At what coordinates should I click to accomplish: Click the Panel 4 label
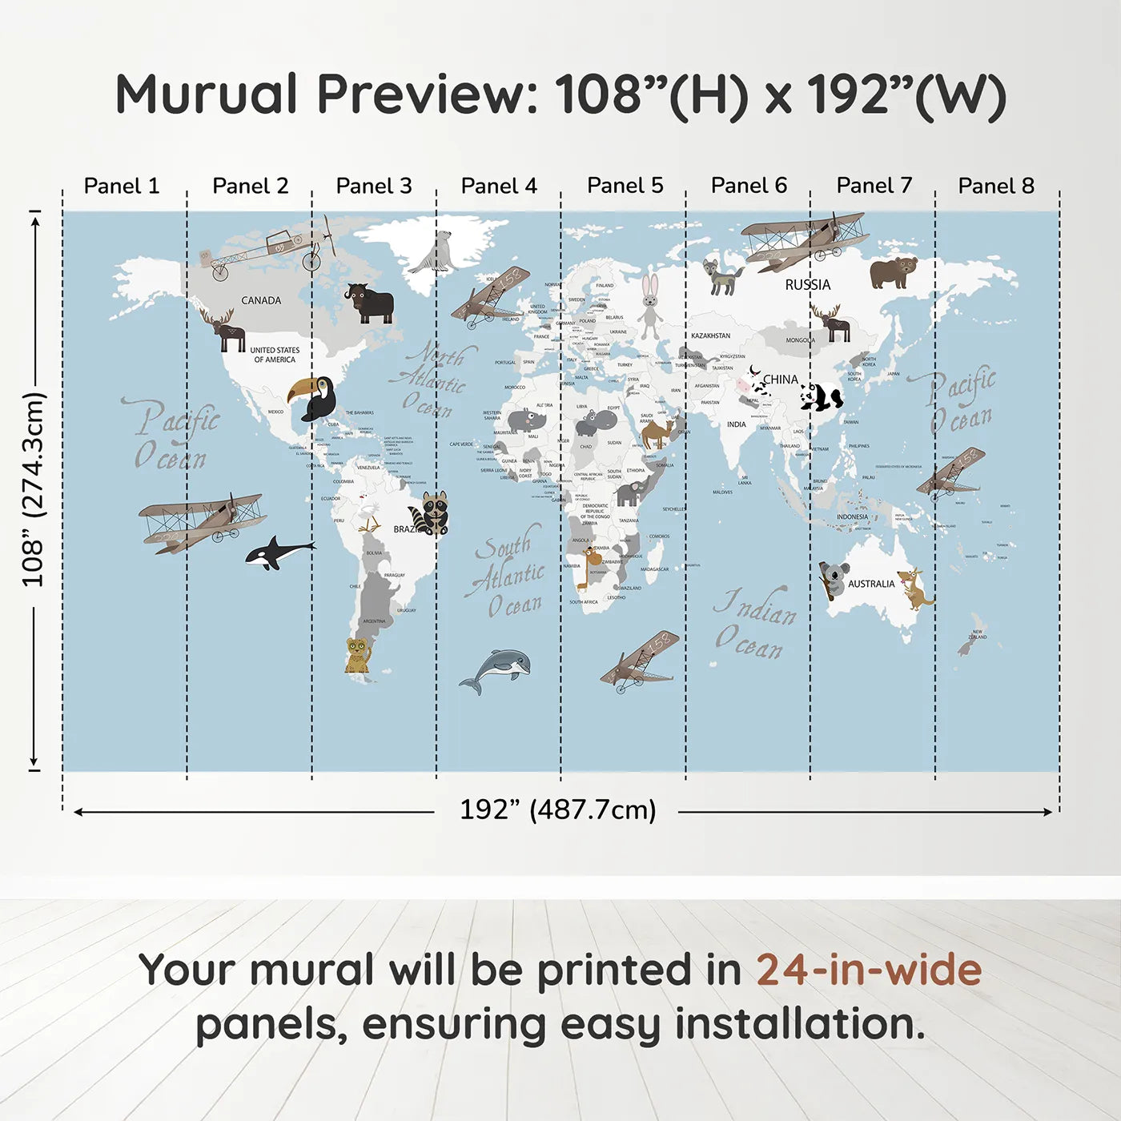coord(499,186)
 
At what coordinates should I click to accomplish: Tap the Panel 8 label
coord(996,186)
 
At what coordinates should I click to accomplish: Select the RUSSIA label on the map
coord(807,284)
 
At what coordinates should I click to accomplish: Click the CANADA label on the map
coord(261,300)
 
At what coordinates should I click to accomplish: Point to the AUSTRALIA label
coord(871,584)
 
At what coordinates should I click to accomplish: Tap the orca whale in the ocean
coord(276,552)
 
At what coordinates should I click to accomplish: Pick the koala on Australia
coord(833,578)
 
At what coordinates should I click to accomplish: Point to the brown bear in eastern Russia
coord(893,271)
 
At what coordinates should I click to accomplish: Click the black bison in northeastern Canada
coord(370,303)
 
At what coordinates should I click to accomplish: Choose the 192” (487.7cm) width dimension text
coord(557,810)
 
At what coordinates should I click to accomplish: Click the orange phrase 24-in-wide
coord(869,970)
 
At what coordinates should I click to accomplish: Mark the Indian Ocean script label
coord(755,624)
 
